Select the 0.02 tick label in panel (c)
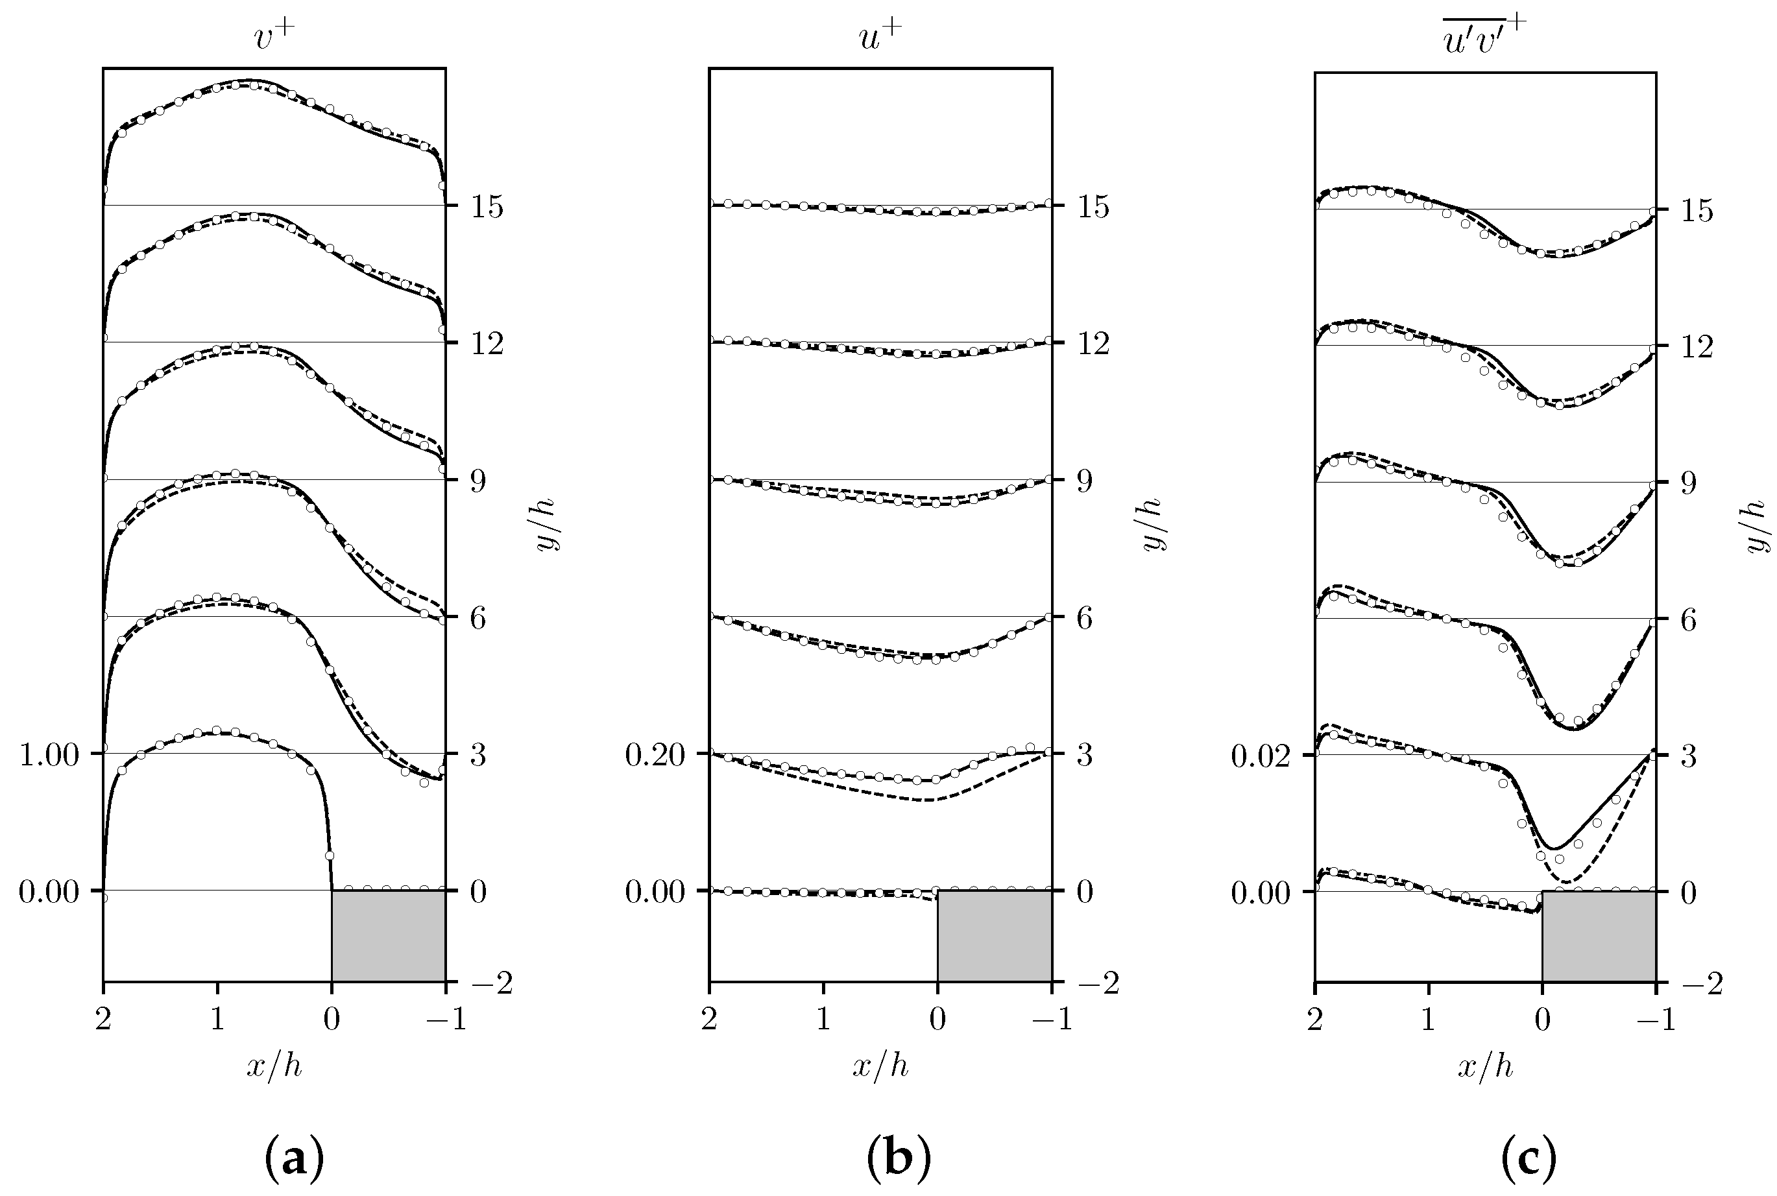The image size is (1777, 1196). click(x=1261, y=756)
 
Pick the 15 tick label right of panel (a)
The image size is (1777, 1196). click(x=486, y=207)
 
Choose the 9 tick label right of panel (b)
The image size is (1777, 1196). click(x=1083, y=481)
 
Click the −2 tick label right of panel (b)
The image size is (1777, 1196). click(x=1097, y=983)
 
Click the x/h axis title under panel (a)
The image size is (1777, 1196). click(x=274, y=1066)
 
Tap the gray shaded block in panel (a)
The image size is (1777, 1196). click(x=389, y=935)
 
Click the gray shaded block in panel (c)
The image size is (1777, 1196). click(x=1599, y=936)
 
